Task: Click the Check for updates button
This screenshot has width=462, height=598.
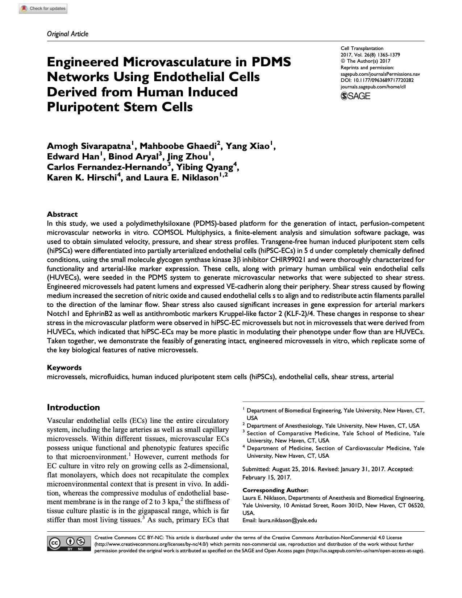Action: point(43,9)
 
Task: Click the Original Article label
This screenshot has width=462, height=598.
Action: point(67,34)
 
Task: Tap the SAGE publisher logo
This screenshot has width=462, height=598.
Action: point(355,96)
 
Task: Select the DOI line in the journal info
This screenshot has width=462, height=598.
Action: point(377,80)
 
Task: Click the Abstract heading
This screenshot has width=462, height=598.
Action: point(62,214)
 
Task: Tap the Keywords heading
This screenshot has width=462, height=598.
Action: point(64,367)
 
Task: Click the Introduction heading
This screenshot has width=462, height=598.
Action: point(73,407)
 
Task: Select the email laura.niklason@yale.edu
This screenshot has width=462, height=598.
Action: point(287,520)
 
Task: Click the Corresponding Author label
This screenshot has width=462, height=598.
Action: point(275,490)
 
